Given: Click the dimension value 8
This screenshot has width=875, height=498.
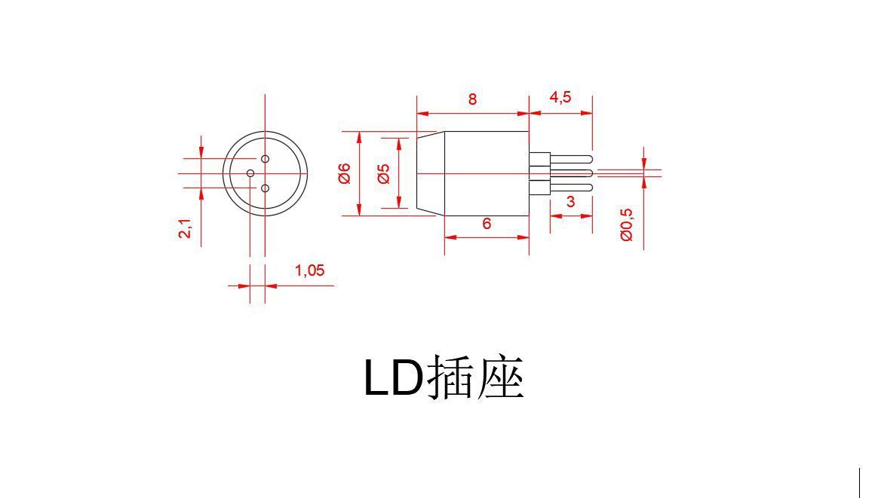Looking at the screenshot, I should (x=472, y=99).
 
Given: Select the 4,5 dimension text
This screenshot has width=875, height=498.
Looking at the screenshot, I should (x=560, y=97).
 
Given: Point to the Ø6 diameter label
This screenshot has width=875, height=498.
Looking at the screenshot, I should (x=345, y=173).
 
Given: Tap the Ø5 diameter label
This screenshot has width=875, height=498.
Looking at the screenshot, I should (x=383, y=173).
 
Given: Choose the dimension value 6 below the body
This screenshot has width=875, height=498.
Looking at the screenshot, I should (x=487, y=224).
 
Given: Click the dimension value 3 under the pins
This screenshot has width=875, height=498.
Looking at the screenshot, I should (x=570, y=202).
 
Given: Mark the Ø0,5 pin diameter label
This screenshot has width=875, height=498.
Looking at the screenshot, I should (x=627, y=224).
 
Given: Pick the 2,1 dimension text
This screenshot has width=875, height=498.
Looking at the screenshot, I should (x=186, y=229).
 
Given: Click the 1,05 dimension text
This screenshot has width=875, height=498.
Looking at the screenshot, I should (x=309, y=270).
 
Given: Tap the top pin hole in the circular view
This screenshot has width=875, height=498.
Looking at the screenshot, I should (x=265, y=159).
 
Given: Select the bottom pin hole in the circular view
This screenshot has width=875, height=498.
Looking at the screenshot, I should (x=265, y=188).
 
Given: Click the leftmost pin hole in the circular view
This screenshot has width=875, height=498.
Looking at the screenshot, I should (x=250, y=173).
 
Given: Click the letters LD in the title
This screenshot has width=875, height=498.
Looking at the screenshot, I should (x=393, y=377).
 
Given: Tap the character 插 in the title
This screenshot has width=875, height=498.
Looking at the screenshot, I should (x=451, y=377).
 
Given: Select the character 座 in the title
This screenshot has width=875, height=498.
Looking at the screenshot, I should (x=500, y=377).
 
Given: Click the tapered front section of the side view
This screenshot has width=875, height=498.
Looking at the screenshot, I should (x=431, y=173).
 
